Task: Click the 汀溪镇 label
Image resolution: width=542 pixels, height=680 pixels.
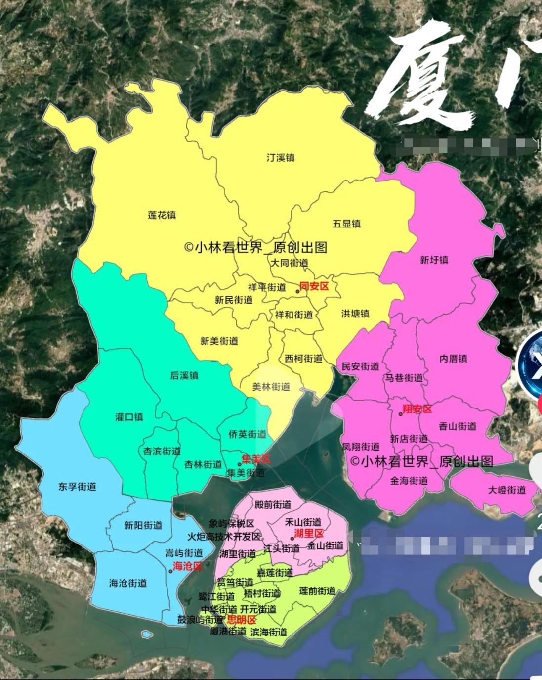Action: pyautogui.click(x=280, y=158)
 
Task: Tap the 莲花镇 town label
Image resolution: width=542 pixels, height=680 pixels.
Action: pyautogui.click(x=162, y=215)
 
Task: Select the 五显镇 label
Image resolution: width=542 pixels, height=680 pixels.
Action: pyautogui.click(x=346, y=224)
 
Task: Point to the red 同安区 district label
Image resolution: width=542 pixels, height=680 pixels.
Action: pyautogui.click(x=314, y=286)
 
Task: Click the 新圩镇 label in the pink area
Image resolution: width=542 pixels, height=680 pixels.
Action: pyautogui.click(x=434, y=260)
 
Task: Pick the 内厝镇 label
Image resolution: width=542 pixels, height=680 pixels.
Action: pyautogui.click(x=453, y=358)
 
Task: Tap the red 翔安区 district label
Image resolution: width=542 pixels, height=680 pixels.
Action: pyautogui.click(x=417, y=409)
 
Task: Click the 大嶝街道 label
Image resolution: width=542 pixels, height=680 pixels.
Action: pyautogui.click(x=507, y=490)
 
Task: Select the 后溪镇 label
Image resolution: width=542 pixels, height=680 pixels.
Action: pyautogui.click(x=184, y=375)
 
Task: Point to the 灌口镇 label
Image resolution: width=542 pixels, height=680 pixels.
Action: pyautogui.click(x=129, y=417)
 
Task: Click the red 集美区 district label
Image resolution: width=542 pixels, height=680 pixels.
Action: pyautogui.click(x=256, y=459)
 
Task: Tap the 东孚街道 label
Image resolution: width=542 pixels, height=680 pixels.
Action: pyautogui.click(x=77, y=486)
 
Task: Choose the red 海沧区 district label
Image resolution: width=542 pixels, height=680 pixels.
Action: pyautogui.click(x=187, y=566)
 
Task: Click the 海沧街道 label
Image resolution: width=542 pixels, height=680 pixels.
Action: pyautogui.click(x=128, y=583)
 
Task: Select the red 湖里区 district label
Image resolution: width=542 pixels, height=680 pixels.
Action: pyautogui.click(x=309, y=533)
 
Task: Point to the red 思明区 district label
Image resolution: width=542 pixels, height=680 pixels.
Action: pyautogui.click(x=241, y=620)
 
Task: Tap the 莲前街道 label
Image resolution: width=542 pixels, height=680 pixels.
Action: pyautogui.click(x=317, y=591)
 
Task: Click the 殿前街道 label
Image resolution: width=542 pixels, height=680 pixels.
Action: pyautogui.click(x=273, y=505)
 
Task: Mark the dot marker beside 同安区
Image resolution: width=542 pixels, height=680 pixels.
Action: pyautogui.click(x=297, y=291)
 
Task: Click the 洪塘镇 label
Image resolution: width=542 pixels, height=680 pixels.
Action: pyautogui.click(x=355, y=314)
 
